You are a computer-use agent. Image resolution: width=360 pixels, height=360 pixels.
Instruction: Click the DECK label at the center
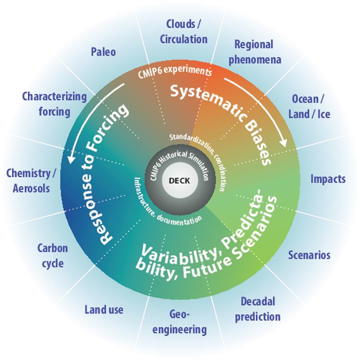tap(179, 181)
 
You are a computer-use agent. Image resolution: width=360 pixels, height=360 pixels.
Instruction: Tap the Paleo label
tap(103, 52)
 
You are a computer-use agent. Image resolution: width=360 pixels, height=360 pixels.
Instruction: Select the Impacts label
tap(328, 179)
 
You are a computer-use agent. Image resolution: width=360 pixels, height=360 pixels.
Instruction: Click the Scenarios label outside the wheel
tap(309, 255)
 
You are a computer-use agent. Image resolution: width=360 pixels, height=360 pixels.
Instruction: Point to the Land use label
tap(104, 310)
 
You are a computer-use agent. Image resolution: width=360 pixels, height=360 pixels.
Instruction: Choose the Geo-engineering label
tap(180, 322)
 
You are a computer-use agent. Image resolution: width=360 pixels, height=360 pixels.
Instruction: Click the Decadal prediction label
tap(257, 309)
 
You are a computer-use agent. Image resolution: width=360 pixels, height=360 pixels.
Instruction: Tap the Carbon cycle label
tap(53, 256)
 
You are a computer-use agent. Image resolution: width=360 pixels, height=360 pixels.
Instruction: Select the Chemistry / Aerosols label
tap(31, 181)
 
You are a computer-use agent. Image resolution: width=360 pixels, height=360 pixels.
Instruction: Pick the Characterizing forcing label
tap(54, 104)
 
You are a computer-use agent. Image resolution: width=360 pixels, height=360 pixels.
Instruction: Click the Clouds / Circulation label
tap(184, 31)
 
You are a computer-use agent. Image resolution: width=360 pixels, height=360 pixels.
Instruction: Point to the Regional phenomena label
tap(255, 52)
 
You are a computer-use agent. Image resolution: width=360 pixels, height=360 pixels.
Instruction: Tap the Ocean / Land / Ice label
tap(309, 107)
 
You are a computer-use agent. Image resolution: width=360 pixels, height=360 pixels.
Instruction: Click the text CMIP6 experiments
tap(175, 72)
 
